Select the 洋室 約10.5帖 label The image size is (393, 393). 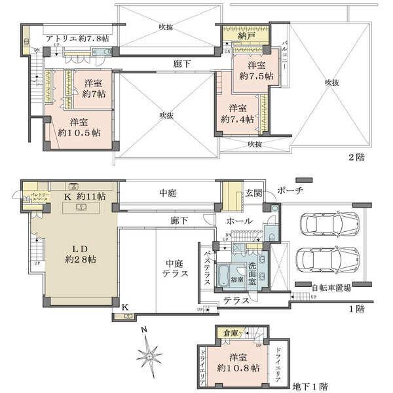79,126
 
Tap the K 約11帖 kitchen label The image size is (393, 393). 84,196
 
